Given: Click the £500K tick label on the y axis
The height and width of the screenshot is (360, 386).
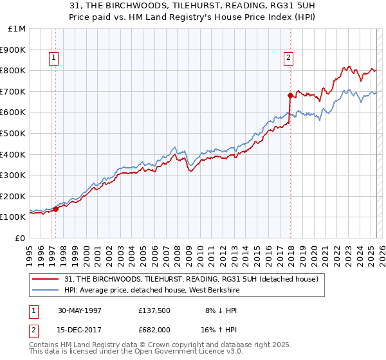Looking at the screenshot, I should pyautogui.click(x=13, y=133).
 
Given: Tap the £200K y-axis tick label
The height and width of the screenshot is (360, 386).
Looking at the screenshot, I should pyautogui.click(x=13, y=196).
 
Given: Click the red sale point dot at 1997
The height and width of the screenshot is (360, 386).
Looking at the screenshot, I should pyautogui.click(x=57, y=208).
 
